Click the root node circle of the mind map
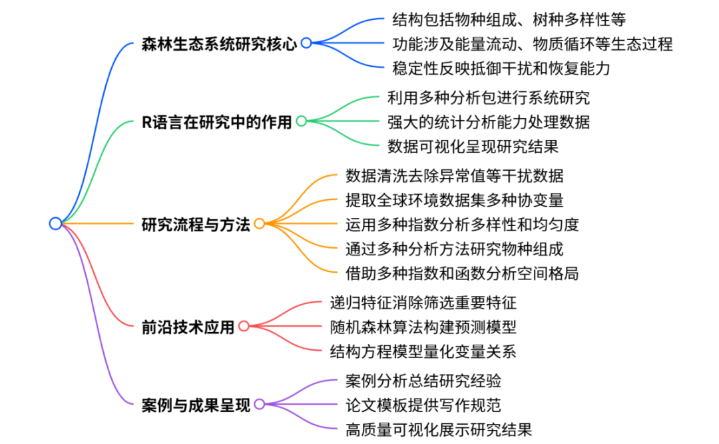tap(55, 223)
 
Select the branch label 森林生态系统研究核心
tap(219, 43)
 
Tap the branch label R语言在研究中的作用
tap(217, 121)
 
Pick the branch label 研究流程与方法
tap(196, 224)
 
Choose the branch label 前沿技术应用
tap(188, 327)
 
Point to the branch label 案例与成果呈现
tap(196, 404)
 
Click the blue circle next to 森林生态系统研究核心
tap(306, 43)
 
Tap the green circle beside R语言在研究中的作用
tap(301, 121)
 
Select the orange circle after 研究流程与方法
tap(259, 224)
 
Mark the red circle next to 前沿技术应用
tap(244, 327)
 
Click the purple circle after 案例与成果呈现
tap(259, 404)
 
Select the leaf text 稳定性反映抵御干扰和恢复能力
tap(501, 68)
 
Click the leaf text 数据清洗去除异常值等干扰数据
tap(455, 176)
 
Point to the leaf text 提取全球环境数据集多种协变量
tap(455, 200)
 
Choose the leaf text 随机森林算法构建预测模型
tap(423, 327)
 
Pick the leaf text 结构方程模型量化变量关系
tap(423, 351)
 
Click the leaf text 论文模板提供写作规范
tap(423, 405)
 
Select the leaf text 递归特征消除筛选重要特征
tap(423, 303)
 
